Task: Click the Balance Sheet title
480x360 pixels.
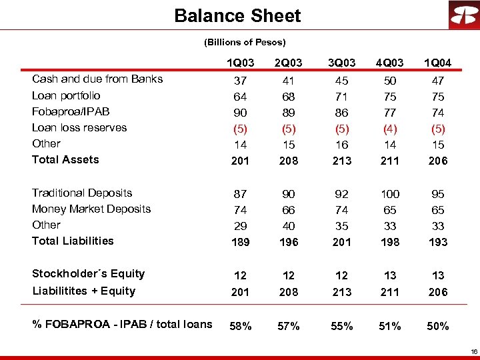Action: click(x=237, y=16)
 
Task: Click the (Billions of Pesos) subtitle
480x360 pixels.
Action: click(x=245, y=42)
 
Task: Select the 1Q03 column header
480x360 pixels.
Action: click(x=240, y=63)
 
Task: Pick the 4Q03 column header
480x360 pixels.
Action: click(x=390, y=63)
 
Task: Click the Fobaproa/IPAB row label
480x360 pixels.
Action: click(x=71, y=111)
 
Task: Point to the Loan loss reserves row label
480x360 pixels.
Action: click(x=79, y=127)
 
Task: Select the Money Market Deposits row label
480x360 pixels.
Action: click(x=91, y=209)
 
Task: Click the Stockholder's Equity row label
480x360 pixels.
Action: click(x=88, y=273)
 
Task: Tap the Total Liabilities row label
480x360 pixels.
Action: click(x=73, y=241)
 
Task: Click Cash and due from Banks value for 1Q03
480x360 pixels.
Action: click(x=240, y=80)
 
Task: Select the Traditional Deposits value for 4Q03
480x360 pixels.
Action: click(x=390, y=194)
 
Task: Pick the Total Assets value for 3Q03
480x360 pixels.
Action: click(x=341, y=161)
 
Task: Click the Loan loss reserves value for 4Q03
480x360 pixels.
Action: click(x=390, y=129)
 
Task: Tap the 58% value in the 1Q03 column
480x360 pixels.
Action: click(x=240, y=326)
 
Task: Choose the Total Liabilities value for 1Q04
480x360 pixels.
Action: click(x=439, y=242)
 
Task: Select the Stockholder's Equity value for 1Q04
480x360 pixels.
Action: click(x=439, y=275)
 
